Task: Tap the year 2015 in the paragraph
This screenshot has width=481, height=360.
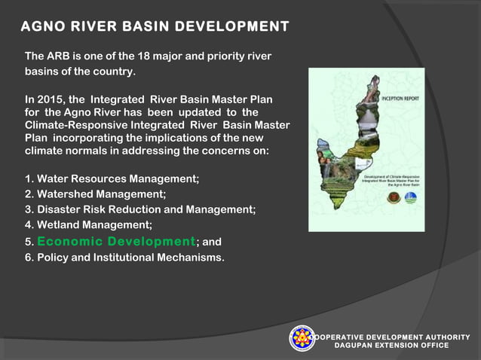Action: (x=56, y=99)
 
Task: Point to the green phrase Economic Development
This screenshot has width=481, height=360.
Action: (x=116, y=242)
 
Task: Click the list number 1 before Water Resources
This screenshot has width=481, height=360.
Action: (x=29, y=179)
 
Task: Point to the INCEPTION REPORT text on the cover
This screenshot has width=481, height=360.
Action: (x=400, y=99)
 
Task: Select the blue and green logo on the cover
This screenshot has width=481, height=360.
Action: (x=410, y=199)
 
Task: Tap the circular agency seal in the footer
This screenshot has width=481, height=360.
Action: (x=302, y=339)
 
